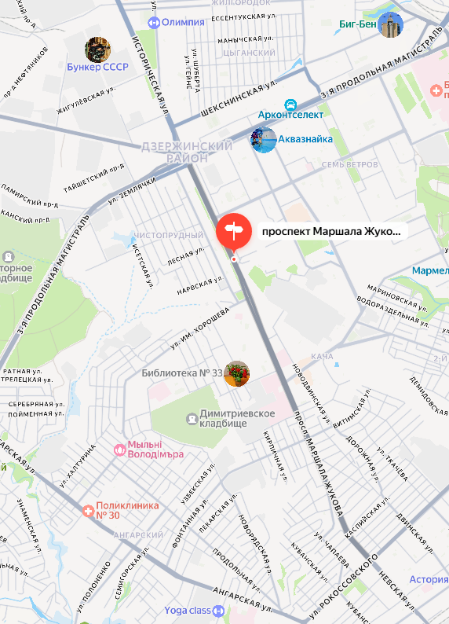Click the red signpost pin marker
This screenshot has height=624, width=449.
233,229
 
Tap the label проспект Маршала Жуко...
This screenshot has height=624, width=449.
330,232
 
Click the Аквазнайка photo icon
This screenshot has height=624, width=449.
263,140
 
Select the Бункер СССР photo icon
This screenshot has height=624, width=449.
97,49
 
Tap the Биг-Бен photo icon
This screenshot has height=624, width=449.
390,24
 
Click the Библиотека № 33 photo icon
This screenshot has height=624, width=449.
236,373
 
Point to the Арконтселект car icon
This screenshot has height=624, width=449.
290,104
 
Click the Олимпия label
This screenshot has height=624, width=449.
182,22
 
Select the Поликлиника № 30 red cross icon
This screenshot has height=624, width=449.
89,511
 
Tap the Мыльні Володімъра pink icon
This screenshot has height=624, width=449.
119,450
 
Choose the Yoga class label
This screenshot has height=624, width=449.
188,610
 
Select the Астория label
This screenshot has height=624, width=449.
429,580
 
